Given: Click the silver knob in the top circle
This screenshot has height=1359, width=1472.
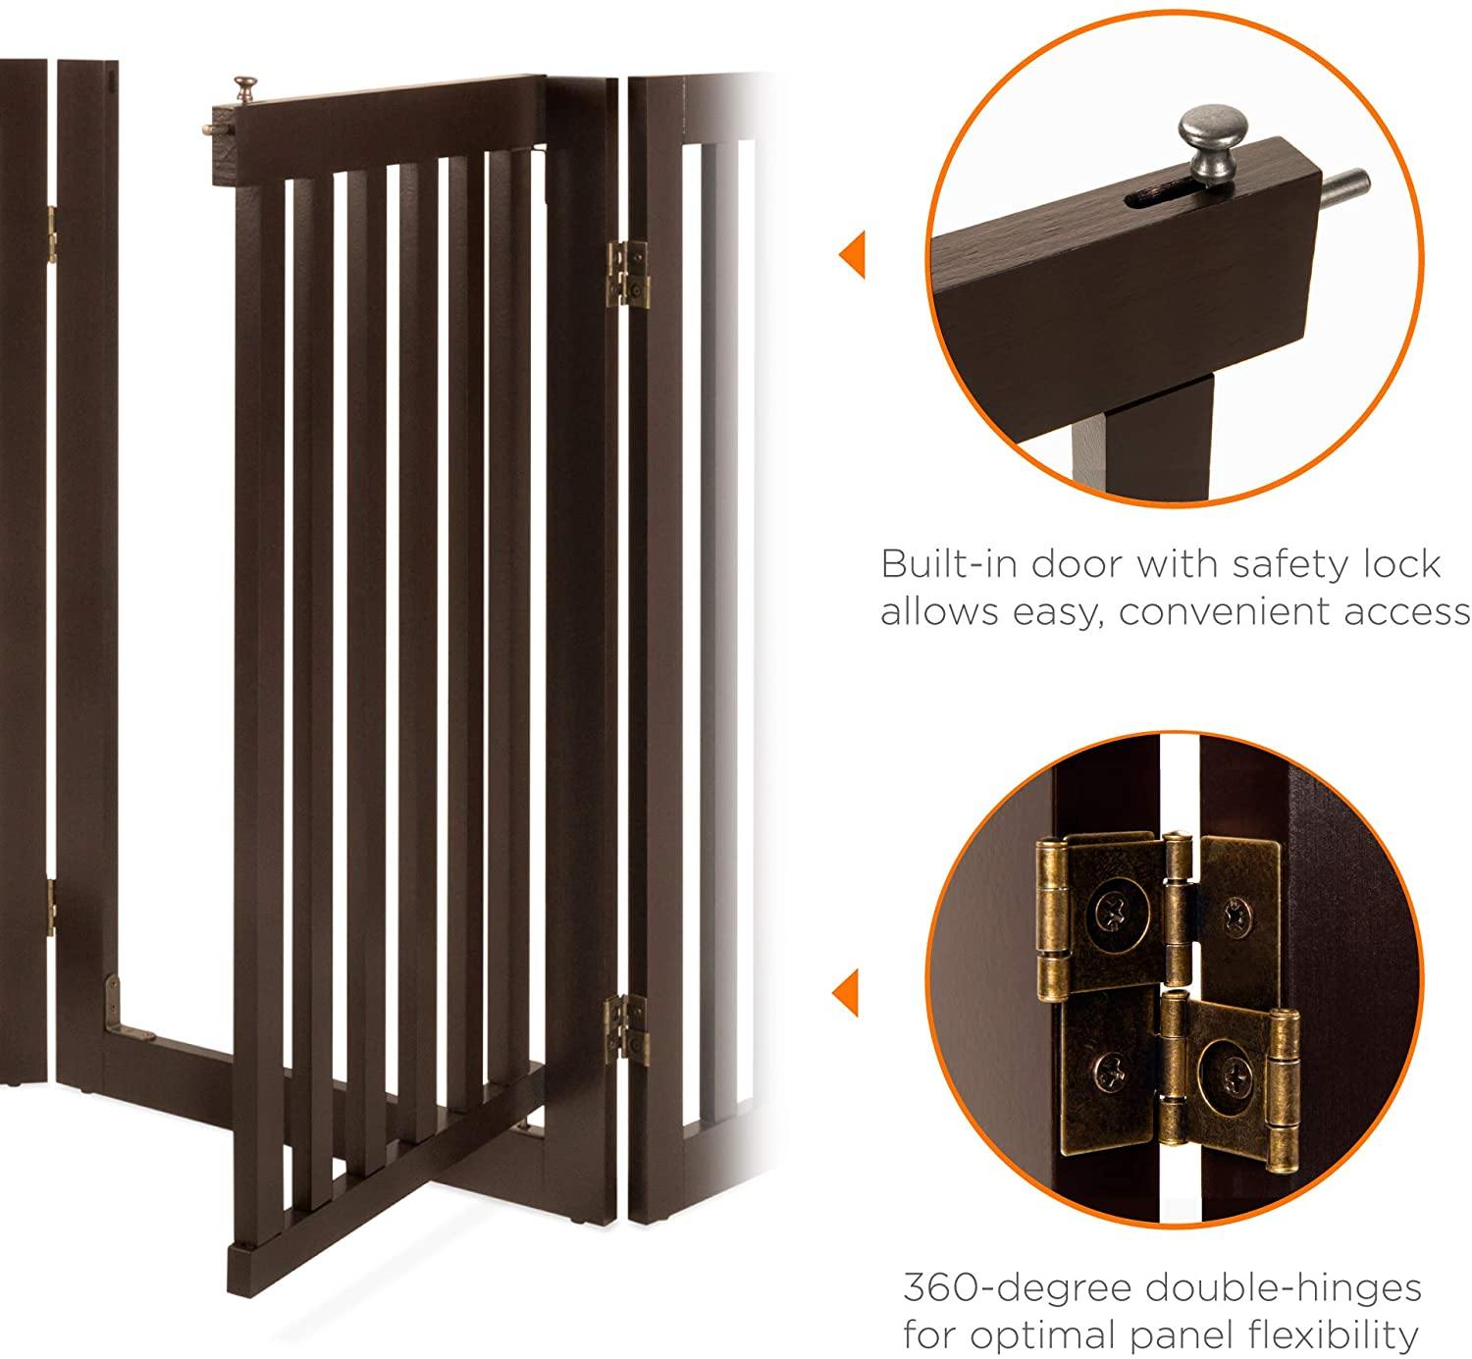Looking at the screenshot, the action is [x=1213, y=142].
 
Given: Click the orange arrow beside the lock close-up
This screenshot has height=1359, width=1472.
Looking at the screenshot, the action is [x=853, y=254].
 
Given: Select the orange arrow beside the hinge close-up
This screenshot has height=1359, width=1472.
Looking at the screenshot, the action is [x=846, y=992].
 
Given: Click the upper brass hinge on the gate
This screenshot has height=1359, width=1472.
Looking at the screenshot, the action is [x=628, y=274].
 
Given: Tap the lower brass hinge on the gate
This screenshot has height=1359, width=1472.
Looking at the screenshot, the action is [x=627, y=1030].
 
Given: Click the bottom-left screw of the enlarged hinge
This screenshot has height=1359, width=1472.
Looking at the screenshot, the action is [x=1111, y=1071].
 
